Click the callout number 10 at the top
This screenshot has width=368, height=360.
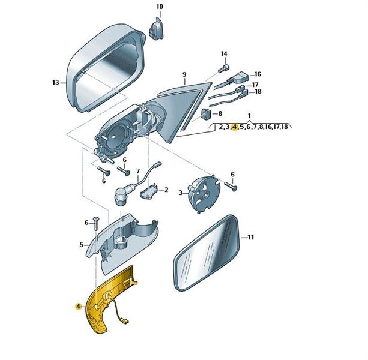pyautogui.click(x=160, y=7)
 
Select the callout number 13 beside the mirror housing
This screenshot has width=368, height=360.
pyautogui.click(x=56, y=83)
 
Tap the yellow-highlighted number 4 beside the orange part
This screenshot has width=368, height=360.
pyautogui.click(x=78, y=306)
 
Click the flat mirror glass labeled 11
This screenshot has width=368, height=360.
pyautogui.click(x=207, y=253)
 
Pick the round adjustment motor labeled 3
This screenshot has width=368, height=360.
pyautogui.click(x=204, y=193)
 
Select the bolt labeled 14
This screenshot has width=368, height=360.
pyautogui.click(x=223, y=68)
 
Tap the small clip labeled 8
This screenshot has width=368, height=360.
pyautogui.click(x=206, y=114)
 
